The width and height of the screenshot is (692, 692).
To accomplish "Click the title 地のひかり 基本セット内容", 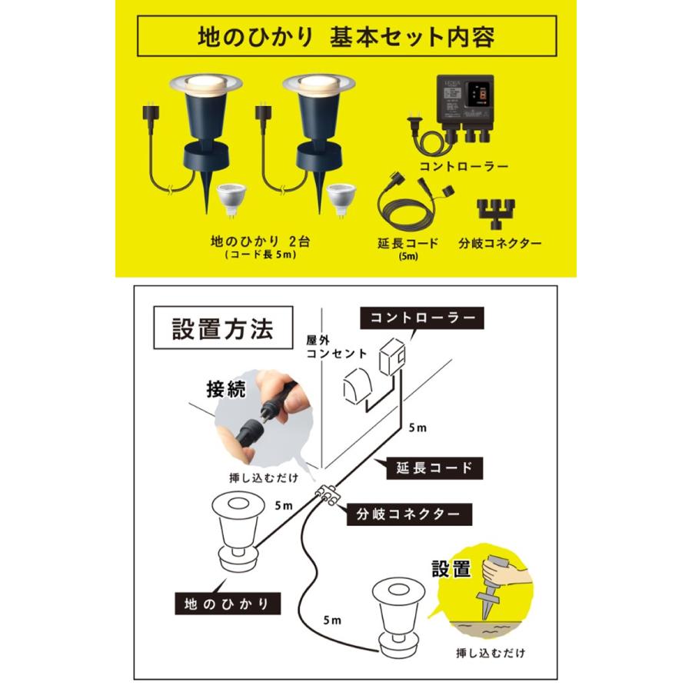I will (x=346, y=36).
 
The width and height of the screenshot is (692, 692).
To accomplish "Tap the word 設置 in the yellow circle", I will (x=451, y=570).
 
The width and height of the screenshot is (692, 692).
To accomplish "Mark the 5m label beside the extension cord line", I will (x=417, y=428).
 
